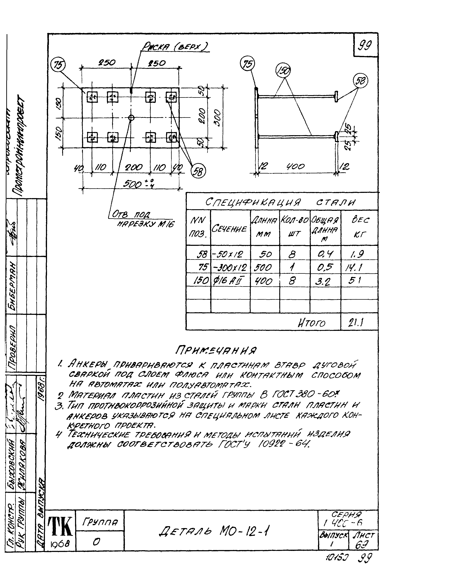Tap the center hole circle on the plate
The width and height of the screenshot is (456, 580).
[x=131, y=118]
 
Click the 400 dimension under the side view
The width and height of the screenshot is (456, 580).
[x=295, y=167]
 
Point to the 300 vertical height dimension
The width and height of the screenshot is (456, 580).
[x=218, y=118]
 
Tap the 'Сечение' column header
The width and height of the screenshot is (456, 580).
[x=230, y=229]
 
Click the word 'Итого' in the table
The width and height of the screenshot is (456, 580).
[x=311, y=324]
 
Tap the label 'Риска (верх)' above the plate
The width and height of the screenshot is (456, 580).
[x=175, y=47]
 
